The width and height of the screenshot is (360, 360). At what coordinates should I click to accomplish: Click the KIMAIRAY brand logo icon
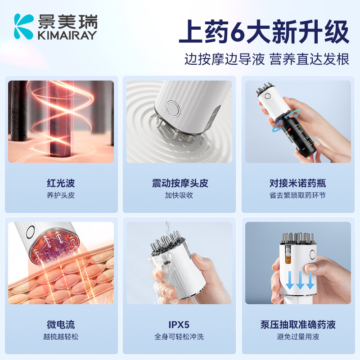(x=23, y=26)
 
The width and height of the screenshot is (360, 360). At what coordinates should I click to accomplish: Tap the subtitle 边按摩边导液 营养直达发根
(x=267, y=59)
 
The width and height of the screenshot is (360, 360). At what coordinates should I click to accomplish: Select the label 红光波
(x=60, y=183)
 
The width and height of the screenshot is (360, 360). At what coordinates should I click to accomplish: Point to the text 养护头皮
(x=60, y=195)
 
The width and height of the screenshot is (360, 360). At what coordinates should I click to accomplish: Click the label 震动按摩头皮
(x=180, y=183)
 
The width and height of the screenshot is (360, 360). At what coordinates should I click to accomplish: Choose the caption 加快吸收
(x=180, y=195)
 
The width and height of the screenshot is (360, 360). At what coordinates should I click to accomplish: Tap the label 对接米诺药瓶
(x=297, y=183)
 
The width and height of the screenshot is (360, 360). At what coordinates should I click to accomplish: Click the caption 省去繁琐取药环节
(x=297, y=195)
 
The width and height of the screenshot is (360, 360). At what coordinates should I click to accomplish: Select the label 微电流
(x=60, y=324)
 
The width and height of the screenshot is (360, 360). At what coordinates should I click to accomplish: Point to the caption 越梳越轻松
(x=60, y=337)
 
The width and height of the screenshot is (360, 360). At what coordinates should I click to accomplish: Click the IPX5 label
(x=180, y=324)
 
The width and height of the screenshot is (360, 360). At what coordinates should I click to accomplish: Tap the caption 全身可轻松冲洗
(x=180, y=337)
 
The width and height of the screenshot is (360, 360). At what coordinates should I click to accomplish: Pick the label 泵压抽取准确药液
(x=297, y=324)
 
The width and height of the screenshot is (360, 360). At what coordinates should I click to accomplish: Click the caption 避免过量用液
(x=297, y=337)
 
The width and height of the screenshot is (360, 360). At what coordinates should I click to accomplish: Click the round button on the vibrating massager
(x=171, y=108)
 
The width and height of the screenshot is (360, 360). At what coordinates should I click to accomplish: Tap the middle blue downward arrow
(x=298, y=280)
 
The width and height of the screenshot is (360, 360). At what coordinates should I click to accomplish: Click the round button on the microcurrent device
(x=30, y=232)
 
